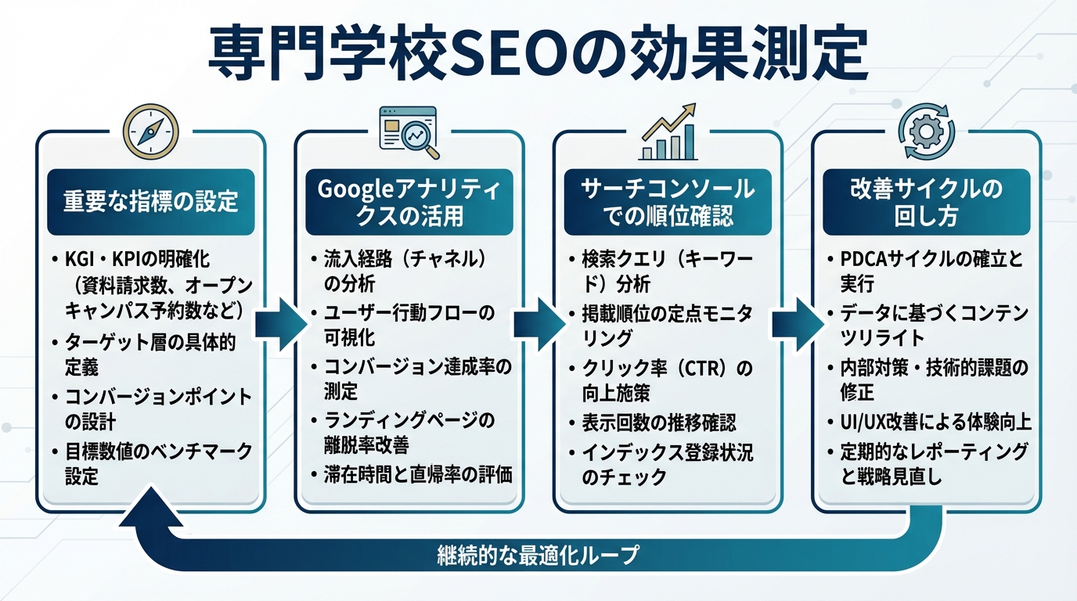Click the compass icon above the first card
coord(151,132)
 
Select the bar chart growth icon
coord(668,131)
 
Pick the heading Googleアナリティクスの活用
coord(409,202)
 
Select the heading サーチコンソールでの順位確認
coord(668,202)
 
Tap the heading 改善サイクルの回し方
coord(926,202)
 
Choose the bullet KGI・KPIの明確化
coord(137,259)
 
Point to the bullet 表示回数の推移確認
coord(658,423)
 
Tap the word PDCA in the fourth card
coord(869,259)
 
